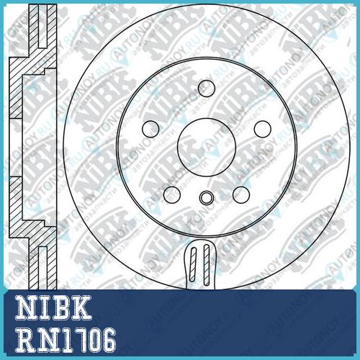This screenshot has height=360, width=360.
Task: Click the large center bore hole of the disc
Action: click(207, 147)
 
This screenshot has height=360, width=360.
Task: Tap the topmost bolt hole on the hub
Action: click(207, 89)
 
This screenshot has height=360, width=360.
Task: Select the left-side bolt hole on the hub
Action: click(150, 129)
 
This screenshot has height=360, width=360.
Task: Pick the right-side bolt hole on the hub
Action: click(263, 129)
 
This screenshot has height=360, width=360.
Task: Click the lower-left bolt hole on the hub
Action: click(172, 194)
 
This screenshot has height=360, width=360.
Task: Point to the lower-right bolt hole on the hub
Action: click(241, 194)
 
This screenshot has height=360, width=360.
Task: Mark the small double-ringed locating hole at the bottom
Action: click(207, 198)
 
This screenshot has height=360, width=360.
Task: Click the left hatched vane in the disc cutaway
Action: click(193, 264)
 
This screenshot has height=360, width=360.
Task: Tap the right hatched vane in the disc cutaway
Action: click(207, 265)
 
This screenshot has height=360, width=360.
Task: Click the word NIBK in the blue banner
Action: click(54, 307)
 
